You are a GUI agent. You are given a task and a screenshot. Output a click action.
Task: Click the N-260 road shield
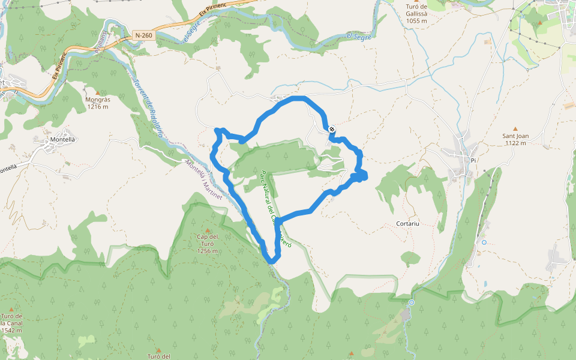143,35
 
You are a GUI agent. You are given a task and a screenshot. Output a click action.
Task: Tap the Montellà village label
62,140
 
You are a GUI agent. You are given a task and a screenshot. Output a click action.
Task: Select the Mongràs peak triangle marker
97,92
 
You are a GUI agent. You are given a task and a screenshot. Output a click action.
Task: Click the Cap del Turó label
206,236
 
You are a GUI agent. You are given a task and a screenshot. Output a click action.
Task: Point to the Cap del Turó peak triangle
208,230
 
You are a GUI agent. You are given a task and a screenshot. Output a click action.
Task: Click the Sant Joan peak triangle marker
515,128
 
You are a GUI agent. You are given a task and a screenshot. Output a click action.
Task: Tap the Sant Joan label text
515,136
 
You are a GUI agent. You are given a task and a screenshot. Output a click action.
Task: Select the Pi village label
473,161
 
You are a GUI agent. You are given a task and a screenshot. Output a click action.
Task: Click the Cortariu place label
407,223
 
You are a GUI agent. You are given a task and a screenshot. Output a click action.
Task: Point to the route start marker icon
332,128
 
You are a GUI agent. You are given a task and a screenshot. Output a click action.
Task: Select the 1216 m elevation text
97,107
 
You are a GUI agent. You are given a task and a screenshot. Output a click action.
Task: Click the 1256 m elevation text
206,251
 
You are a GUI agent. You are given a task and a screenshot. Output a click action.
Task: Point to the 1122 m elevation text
515,143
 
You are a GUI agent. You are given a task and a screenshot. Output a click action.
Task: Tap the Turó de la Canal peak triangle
11,309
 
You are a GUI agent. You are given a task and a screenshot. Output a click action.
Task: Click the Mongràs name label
97,100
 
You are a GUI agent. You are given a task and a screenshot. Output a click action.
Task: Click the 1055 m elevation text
416,20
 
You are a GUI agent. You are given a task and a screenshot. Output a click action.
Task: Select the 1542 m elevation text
11,330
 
